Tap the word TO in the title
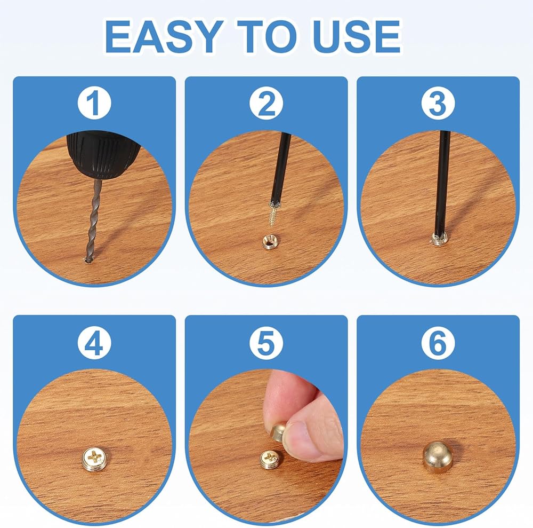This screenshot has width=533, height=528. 268,36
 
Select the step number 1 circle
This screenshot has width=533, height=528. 94,103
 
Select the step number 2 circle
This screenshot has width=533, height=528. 266,103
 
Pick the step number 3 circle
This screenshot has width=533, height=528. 438,103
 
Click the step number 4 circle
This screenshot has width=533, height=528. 94,343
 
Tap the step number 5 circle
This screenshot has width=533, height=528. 266,343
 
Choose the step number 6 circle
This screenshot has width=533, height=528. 438,343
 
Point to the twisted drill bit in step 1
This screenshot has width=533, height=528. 94,220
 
